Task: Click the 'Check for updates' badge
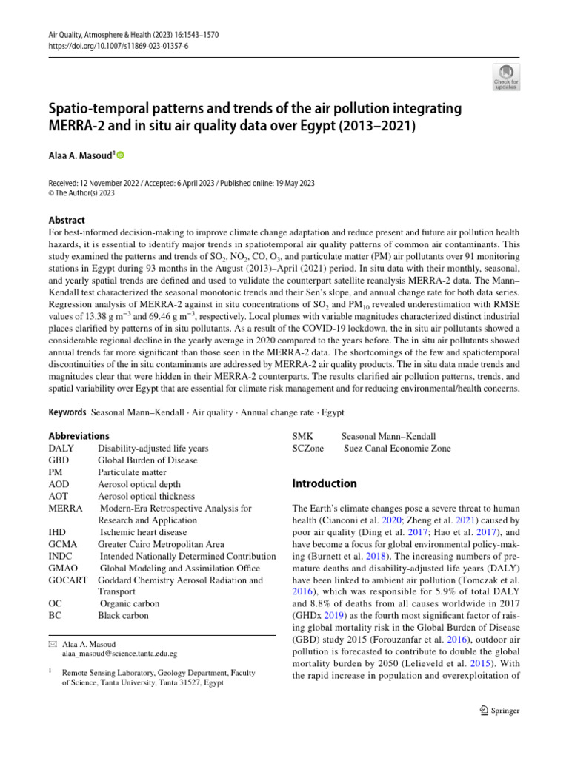click(x=508, y=76)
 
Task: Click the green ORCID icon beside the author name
click(x=120, y=155)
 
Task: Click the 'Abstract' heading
click(x=66, y=220)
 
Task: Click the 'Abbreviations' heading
click(x=79, y=436)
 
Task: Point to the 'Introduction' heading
click(x=325, y=483)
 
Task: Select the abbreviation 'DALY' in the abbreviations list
click(x=61, y=448)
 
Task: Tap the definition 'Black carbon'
click(x=123, y=615)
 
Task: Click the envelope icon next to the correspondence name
click(x=52, y=644)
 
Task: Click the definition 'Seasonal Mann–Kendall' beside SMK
click(x=388, y=437)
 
